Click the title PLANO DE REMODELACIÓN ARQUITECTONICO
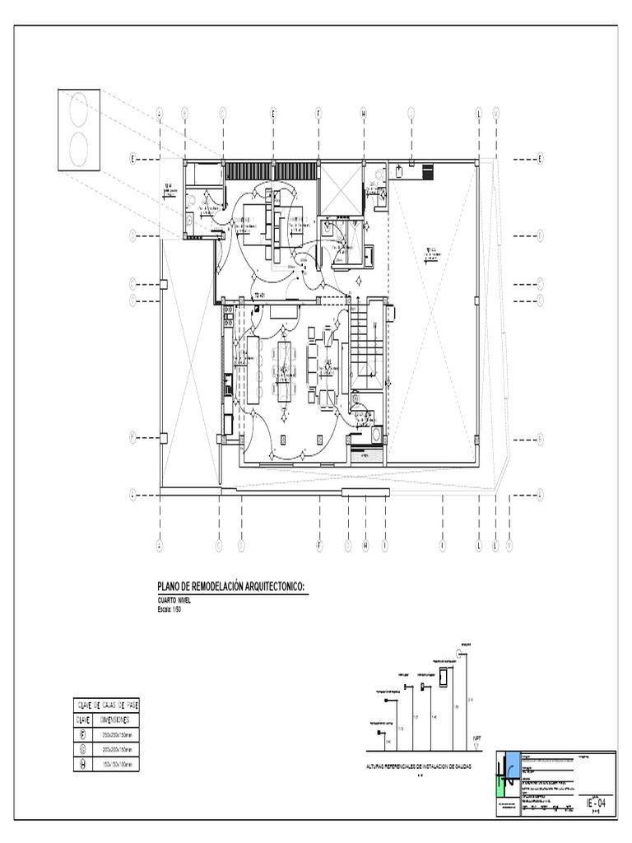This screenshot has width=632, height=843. coord(231,586)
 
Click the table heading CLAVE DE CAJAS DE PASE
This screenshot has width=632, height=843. coord(108,706)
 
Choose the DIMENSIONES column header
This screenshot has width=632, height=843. coord(118,720)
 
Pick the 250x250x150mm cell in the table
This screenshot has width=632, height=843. coord(118,734)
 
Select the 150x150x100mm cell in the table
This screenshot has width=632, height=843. coord(118,765)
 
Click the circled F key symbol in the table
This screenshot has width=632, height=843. coord(82,734)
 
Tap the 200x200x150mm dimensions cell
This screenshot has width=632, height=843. coord(118,750)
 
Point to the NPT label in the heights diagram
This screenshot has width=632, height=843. coord(476,738)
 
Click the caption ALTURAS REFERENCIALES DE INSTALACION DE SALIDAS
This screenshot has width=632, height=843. coord(420,766)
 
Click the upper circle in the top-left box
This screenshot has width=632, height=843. coord(79,110)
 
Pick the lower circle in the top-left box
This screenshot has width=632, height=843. coord(79,150)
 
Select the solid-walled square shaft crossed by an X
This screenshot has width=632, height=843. coord(340,189)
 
